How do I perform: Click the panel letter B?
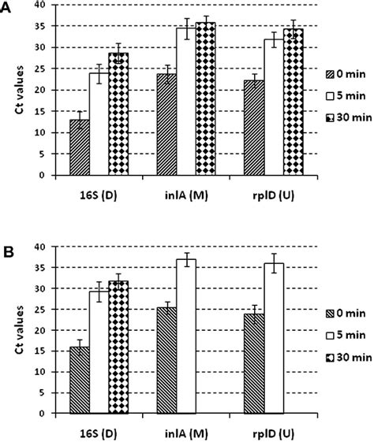(7, 254)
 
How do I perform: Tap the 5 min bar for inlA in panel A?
(186, 102)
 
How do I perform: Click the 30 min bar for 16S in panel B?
(119, 347)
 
